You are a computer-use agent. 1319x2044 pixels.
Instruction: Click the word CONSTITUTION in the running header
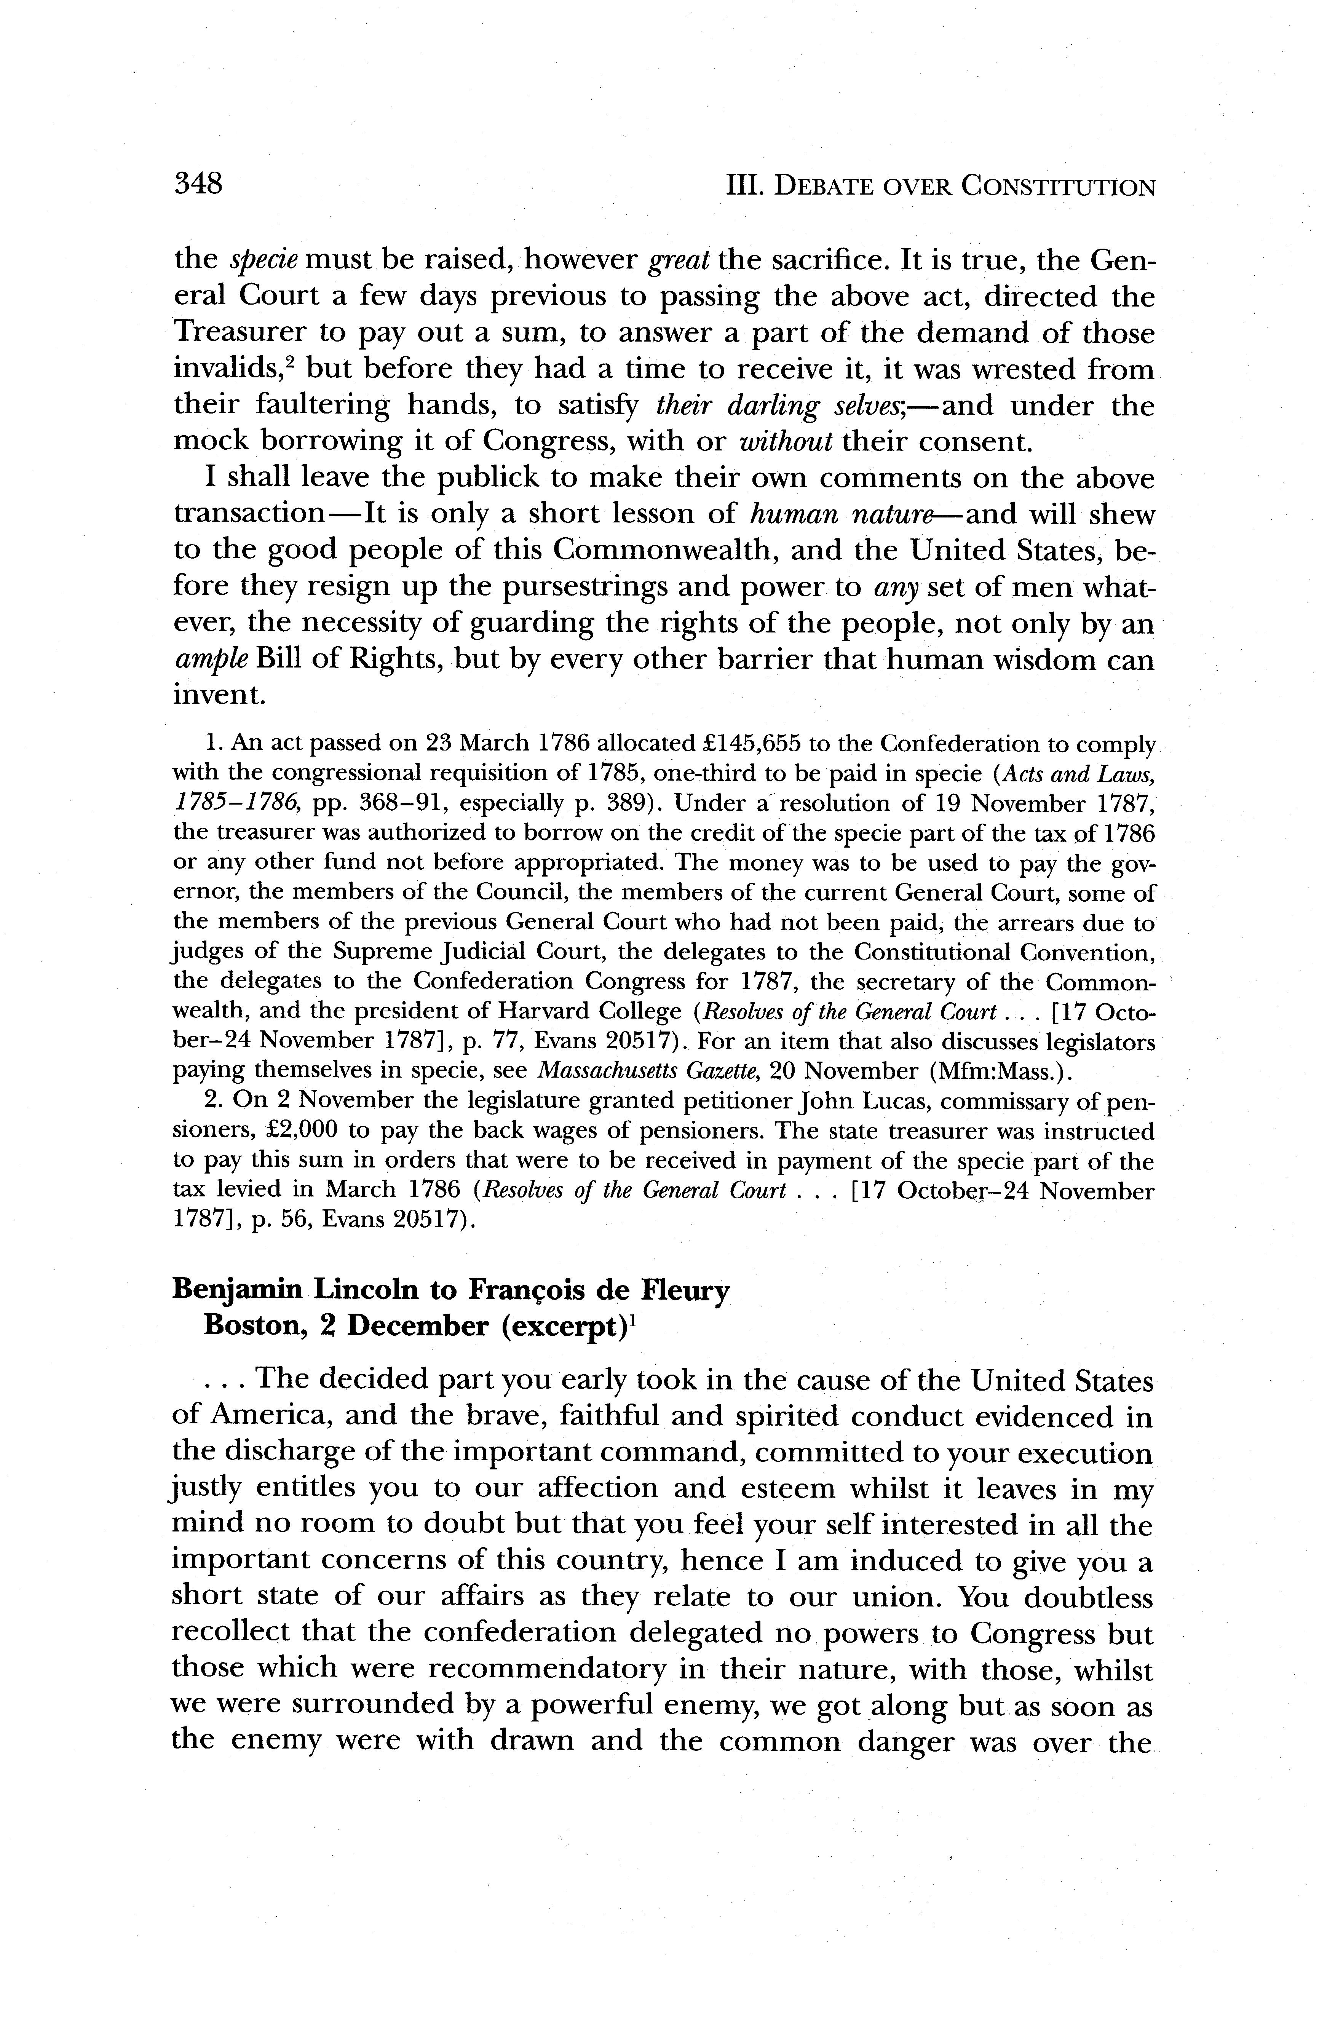point(1057,187)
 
